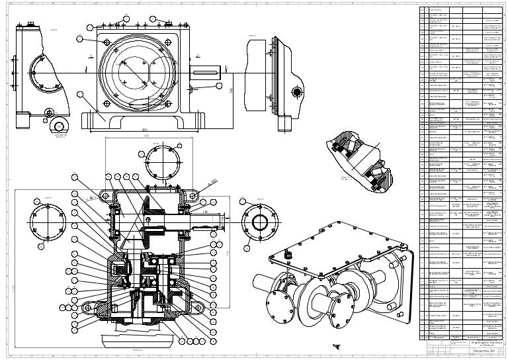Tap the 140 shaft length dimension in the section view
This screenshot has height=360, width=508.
[205, 212]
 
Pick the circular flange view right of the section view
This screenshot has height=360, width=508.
[257, 220]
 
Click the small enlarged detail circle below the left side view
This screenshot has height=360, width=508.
[59, 126]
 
